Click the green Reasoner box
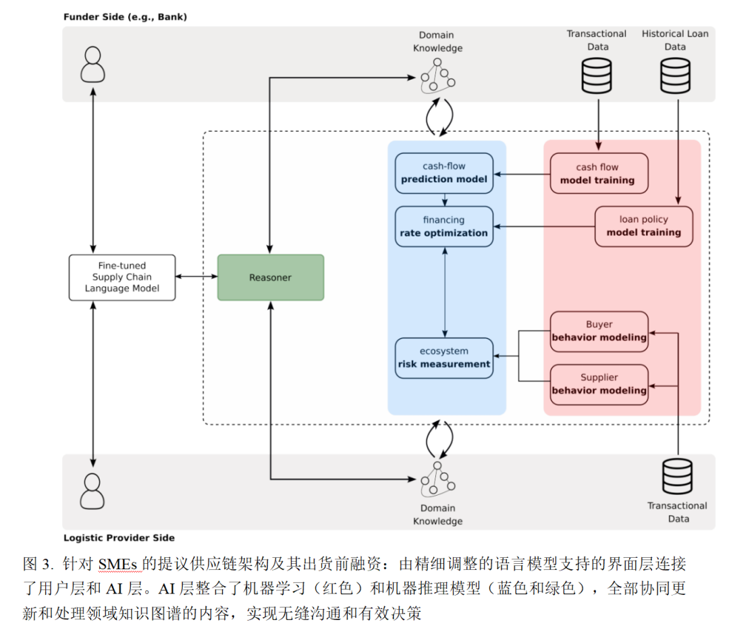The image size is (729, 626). [x=270, y=278]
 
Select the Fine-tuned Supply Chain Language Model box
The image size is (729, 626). [x=122, y=278]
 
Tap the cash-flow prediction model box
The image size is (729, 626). [x=444, y=173]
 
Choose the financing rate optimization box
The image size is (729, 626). [x=444, y=226]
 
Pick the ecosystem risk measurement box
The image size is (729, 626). [x=444, y=357]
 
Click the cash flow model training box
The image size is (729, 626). [x=598, y=174]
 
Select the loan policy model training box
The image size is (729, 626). [x=643, y=226]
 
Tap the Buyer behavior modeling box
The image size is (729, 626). [x=599, y=331]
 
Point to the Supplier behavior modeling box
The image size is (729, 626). [x=599, y=384]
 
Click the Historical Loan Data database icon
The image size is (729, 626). [x=675, y=75]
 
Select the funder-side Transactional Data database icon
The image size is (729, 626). [x=597, y=75]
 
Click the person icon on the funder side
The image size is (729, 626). [x=92, y=64]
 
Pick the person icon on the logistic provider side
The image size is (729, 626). [x=92, y=491]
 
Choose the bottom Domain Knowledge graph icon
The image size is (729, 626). [x=437, y=479]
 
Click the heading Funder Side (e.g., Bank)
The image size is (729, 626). [x=125, y=17]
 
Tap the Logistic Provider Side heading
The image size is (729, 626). [x=119, y=538]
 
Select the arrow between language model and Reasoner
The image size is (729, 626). [x=196, y=277]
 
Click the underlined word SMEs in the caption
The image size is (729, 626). [x=118, y=565]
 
